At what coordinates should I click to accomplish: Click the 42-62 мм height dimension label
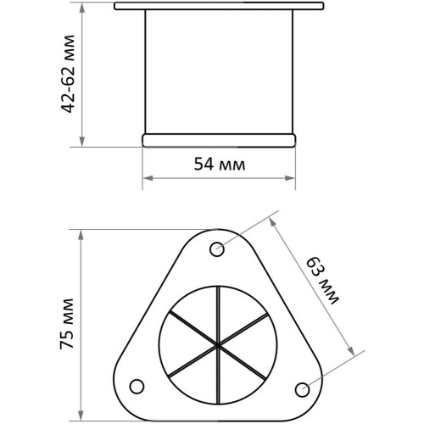(x=68, y=74)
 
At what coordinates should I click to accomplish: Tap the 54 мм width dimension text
(x=220, y=165)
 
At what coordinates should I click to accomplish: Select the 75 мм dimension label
(x=67, y=324)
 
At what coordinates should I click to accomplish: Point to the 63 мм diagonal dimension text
(x=322, y=281)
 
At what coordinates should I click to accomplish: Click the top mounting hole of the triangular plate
(x=217, y=249)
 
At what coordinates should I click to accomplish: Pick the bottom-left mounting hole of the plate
(x=137, y=387)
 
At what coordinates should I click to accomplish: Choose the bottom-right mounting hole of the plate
(x=302, y=390)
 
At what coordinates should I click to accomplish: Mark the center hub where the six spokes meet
(x=218, y=345)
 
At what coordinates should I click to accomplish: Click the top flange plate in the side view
(x=219, y=6)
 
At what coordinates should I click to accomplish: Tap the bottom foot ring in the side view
(x=219, y=140)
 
